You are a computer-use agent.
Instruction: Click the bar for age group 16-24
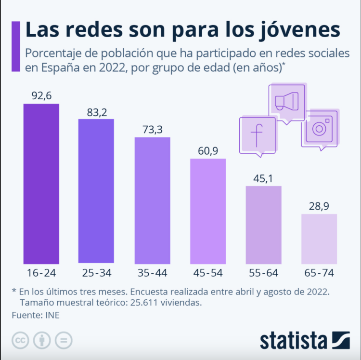tap(41, 184)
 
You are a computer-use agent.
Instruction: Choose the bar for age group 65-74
tap(319, 239)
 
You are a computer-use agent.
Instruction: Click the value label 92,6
tap(41, 96)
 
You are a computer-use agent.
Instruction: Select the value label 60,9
tap(208, 151)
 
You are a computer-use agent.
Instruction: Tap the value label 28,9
tap(319, 206)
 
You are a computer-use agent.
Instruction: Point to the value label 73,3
tap(152, 130)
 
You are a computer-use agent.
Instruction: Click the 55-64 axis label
tap(263, 273)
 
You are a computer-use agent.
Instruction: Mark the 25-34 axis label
tap(96, 273)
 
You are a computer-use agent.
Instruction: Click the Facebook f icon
tap(258, 135)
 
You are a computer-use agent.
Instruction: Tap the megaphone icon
tap(286, 102)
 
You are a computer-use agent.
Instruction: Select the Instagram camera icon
tap(319, 128)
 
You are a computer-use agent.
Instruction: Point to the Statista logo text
tap(295, 340)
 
